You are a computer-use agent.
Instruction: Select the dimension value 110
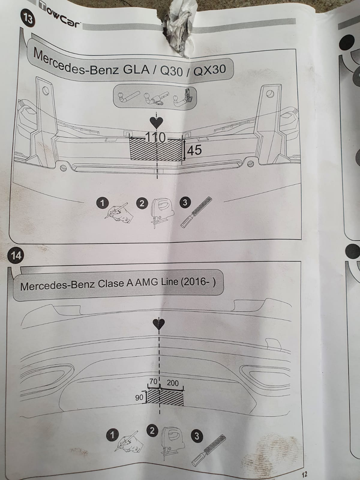point(155,138)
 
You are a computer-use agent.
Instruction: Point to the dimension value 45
point(194,150)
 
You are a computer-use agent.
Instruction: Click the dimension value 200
point(172,383)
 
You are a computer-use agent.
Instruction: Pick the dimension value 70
point(153,382)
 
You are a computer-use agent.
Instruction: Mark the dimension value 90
point(139,397)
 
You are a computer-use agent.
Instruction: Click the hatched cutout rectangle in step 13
point(156,150)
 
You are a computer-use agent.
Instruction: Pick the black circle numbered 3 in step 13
point(185,202)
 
